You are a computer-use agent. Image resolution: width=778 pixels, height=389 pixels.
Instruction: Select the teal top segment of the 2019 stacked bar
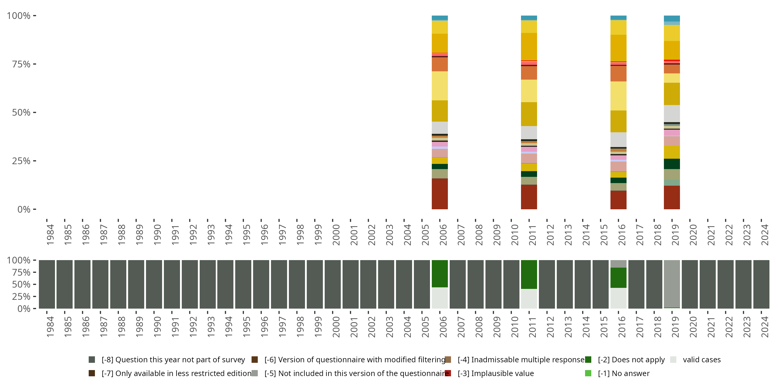(x=672, y=18)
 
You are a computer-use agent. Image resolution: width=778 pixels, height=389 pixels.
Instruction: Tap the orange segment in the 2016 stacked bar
(x=618, y=74)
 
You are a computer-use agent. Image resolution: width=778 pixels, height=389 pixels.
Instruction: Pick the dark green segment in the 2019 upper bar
(x=672, y=164)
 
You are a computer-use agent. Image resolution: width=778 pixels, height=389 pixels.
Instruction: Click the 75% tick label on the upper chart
(x=21, y=64)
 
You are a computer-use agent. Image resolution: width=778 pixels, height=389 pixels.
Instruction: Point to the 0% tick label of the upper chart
(x=24, y=209)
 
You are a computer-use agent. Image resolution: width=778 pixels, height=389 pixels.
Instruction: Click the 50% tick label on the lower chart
(x=21, y=284)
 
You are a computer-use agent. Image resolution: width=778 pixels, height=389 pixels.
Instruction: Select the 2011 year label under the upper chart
(x=532, y=235)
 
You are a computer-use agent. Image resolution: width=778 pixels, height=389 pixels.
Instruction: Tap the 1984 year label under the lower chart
(x=50, y=327)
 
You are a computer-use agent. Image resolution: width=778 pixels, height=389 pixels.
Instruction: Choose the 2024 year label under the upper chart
(x=765, y=235)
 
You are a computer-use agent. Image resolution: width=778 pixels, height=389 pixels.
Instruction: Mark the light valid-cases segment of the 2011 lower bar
(x=529, y=299)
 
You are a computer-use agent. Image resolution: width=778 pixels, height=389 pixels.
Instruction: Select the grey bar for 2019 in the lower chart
(x=672, y=284)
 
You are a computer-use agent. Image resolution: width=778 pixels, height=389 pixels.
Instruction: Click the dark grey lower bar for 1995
(x=243, y=284)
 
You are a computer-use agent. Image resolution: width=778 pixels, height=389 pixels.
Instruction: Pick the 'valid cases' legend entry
(x=695, y=360)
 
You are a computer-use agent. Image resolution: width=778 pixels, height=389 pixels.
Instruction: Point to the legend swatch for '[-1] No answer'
(x=588, y=373)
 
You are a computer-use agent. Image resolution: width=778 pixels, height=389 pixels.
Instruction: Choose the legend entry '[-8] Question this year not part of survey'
(x=167, y=360)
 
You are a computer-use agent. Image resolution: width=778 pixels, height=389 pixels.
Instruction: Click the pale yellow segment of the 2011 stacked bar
(x=529, y=91)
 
